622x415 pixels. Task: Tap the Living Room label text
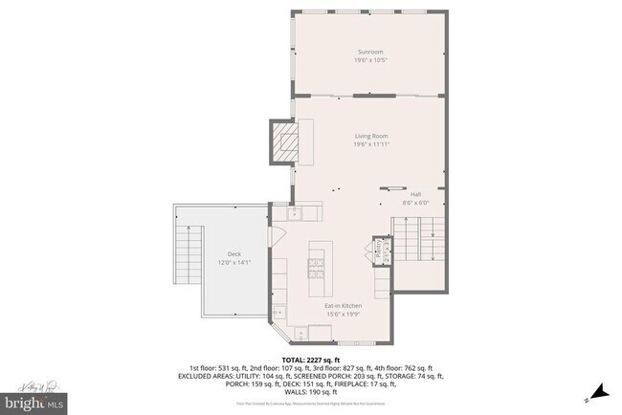point(370,136)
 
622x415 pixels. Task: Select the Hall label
point(415,194)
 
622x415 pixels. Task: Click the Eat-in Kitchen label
point(342,305)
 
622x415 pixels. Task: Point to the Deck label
point(233,253)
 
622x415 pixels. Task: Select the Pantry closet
point(378,251)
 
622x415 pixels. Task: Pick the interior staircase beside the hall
point(421,238)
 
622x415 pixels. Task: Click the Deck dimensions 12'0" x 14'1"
point(233,262)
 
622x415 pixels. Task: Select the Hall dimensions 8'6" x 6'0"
point(415,203)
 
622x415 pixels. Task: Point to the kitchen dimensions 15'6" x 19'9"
point(342,314)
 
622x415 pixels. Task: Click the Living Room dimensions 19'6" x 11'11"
point(370,144)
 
